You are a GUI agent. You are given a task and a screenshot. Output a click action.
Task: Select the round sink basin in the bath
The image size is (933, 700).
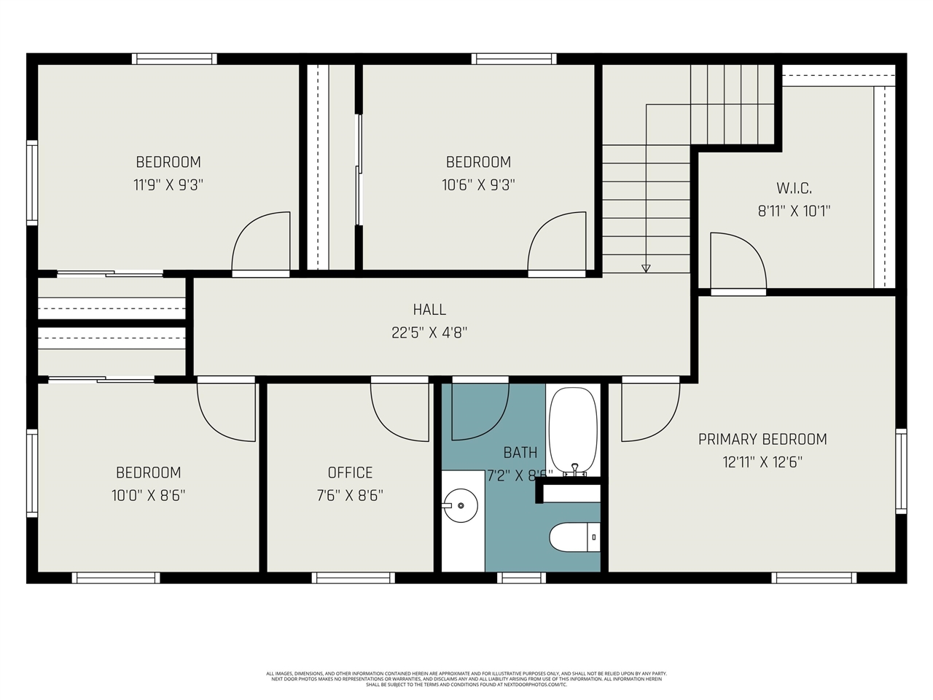coord(460,504)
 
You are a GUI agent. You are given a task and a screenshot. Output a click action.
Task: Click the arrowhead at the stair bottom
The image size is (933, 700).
coord(646,268)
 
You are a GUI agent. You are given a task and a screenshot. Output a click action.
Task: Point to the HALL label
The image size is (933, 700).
coord(429,310)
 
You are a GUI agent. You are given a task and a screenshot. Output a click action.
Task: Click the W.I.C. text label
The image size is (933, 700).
coord(794,188)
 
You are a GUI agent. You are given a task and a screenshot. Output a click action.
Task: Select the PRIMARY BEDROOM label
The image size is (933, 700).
coord(762,439)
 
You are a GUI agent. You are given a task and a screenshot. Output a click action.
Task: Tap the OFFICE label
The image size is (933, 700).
coord(350,472)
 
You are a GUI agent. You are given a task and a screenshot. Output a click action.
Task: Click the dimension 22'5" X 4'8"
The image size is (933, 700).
coord(429,332)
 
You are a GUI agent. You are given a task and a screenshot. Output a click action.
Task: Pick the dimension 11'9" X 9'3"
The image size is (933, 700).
coord(168,184)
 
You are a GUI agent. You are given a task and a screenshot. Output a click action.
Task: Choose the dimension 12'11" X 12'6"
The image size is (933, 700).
coord(762,462)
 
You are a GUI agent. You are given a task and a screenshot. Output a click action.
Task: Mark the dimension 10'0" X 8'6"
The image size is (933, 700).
coord(149,495)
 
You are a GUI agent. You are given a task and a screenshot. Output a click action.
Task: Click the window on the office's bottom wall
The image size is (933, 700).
coord(354,577)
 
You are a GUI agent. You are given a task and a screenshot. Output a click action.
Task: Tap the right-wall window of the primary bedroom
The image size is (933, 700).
coord(901,472)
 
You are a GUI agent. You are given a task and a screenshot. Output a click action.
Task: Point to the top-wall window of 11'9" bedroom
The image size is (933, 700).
coord(174,59)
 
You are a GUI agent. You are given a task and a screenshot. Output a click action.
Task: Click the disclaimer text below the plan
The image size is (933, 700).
coord(466,679)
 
